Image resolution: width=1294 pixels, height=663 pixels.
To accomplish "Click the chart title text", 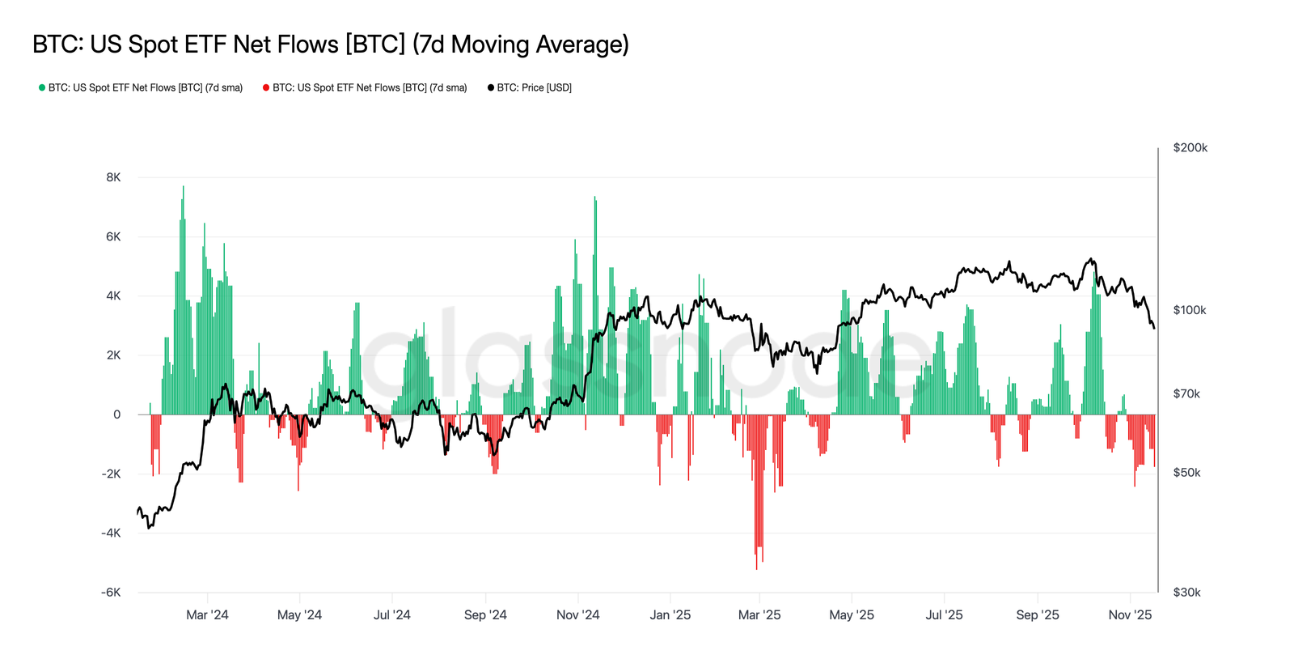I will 330,44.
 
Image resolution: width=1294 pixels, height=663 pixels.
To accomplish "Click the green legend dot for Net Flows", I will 42,87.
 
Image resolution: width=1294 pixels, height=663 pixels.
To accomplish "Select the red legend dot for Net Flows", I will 266,87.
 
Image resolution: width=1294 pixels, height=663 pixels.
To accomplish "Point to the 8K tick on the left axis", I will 113,177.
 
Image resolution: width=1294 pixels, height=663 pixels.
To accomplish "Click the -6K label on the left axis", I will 111,593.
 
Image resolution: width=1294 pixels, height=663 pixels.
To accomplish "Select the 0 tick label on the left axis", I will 117,414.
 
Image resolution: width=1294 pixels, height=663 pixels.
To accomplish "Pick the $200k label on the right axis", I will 1190,147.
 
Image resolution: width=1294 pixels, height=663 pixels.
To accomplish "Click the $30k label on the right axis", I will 1186,593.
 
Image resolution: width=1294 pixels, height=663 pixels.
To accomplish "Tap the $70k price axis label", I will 1186,394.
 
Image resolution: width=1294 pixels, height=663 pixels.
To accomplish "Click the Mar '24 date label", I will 207,615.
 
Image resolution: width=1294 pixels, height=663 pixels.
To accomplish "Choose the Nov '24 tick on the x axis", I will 577,615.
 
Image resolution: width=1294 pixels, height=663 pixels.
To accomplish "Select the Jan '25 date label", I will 670,615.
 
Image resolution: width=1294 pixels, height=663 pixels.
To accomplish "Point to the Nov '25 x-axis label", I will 1130,615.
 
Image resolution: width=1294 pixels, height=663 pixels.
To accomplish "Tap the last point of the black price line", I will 1154,328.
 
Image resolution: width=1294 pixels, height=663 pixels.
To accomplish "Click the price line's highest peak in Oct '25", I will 1092,259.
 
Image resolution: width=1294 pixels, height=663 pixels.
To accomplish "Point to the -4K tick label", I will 111,533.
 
